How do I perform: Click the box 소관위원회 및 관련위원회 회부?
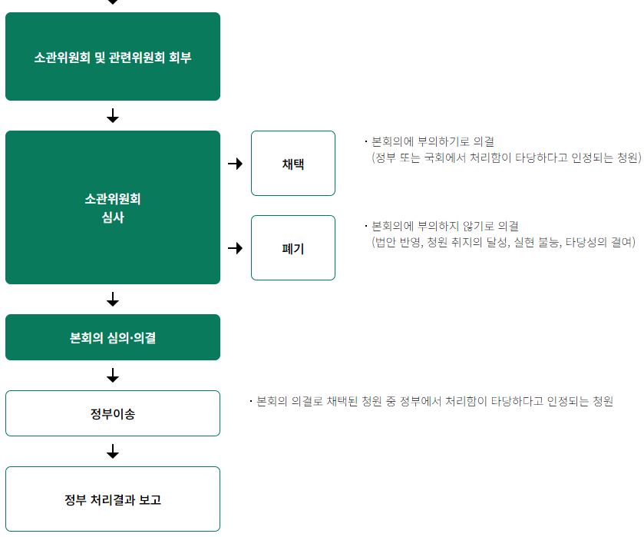pos(113,57)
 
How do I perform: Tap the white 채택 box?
pos(293,164)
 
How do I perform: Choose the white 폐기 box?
pos(293,248)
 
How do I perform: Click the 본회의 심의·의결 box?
pos(113,337)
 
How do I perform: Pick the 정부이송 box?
pos(113,414)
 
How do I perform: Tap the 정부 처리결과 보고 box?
pos(113,499)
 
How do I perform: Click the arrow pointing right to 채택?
pos(236,164)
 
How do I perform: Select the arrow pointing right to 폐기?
pos(236,248)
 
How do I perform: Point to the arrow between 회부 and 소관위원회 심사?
pos(113,116)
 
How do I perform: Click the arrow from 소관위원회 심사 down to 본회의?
pos(113,300)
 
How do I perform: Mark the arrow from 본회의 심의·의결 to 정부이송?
pos(113,376)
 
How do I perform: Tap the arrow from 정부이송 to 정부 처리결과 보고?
pos(113,452)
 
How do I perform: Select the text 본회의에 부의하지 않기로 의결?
pos(444,227)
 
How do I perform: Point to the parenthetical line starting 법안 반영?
pos(504,243)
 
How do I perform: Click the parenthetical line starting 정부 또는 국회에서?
pos(506,158)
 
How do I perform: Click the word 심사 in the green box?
pos(113,217)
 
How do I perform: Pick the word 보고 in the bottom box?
pos(150,500)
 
